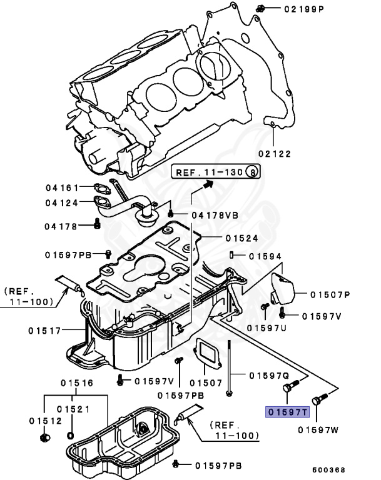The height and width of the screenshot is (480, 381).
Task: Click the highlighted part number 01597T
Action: (x=288, y=412)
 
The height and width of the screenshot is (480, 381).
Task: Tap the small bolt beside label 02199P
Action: (x=261, y=8)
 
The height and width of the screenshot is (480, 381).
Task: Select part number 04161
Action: (x=61, y=187)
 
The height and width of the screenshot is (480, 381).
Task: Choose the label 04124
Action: (x=61, y=202)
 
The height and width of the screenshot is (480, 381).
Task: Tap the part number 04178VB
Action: (x=215, y=215)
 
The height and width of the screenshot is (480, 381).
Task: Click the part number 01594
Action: (x=265, y=256)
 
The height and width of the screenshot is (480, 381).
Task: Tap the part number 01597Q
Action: (x=269, y=376)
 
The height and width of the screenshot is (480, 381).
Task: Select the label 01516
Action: (x=76, y=383)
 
